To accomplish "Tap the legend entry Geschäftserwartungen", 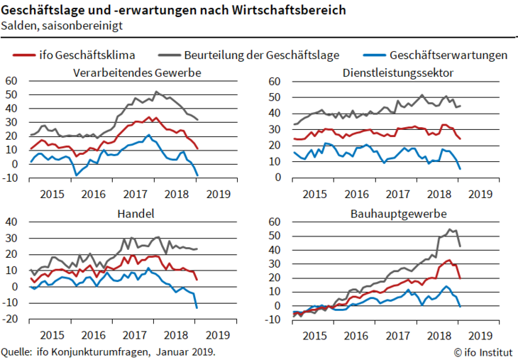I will tap(448, 55).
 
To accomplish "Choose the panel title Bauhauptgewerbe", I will tap(397, 213).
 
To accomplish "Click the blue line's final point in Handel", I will tap(197, 307).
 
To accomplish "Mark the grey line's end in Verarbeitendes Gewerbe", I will tap(197, 119).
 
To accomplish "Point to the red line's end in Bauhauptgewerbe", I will tap(461, 278).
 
